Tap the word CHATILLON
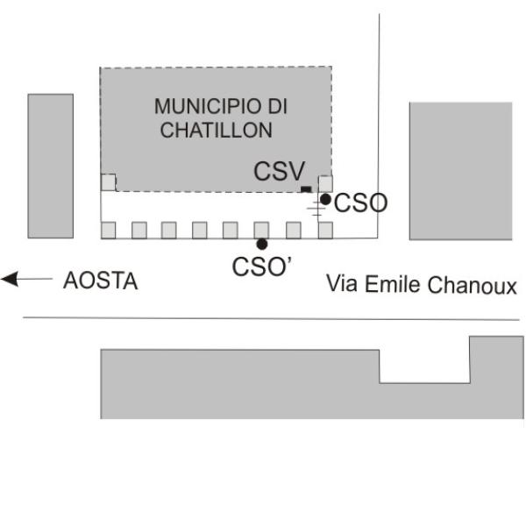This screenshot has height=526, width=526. (x=216, y=130)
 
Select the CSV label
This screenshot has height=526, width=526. (x=279, y=171)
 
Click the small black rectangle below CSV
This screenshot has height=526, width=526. (x=306, y=189)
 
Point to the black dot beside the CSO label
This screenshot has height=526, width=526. (x=325, y=199)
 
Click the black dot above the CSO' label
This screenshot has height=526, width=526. (x=262, y=244)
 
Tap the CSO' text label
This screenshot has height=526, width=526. (x=261, y=267)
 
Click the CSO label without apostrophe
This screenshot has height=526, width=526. (x=361, y=203)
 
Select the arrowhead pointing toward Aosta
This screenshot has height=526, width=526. (x=10, y=279)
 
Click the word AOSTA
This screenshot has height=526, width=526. (x=100, y=281)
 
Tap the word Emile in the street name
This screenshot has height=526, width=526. (x=392, y=284)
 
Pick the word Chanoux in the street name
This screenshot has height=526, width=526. (x=472, y=285)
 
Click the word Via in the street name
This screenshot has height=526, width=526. (x=342, y=283)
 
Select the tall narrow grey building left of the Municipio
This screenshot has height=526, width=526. (x=51, y=166)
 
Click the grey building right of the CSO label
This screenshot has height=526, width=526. (x=460, y=171)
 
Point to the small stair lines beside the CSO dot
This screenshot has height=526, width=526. (x=316, y=209)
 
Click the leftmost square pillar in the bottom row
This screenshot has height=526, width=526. (x=109, y=230)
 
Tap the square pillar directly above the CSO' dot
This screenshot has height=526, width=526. (x=261, y=230)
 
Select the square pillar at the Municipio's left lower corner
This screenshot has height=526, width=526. (x=109, y=182)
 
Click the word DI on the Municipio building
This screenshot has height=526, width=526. (x=277, y=107)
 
